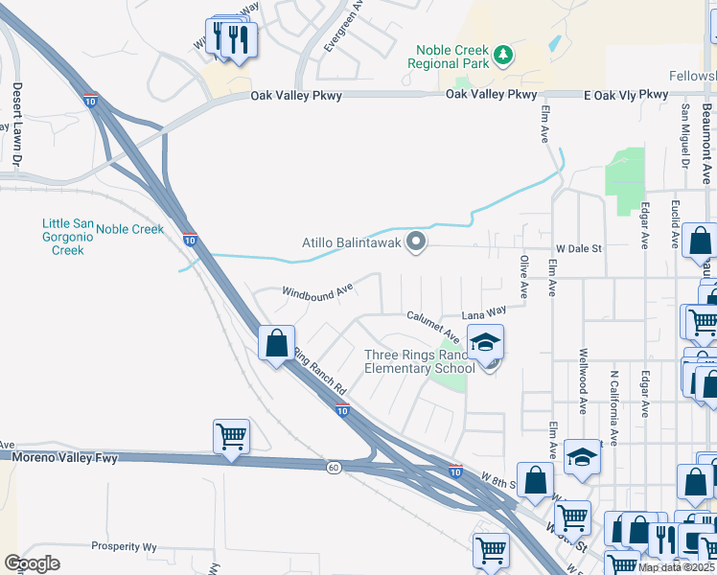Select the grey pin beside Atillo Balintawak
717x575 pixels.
[416, 242]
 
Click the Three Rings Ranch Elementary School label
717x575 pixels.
[420, 361]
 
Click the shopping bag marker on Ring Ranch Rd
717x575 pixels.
[276, 343]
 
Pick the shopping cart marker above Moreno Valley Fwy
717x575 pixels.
[232, 437]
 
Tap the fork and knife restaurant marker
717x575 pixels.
[230, 38]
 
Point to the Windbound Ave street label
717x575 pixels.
[317, 291]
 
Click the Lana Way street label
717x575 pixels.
[484, 311]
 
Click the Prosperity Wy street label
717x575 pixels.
[124, 546]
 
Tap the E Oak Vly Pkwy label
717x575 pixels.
[625, 94]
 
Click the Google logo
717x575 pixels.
[31, 563]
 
